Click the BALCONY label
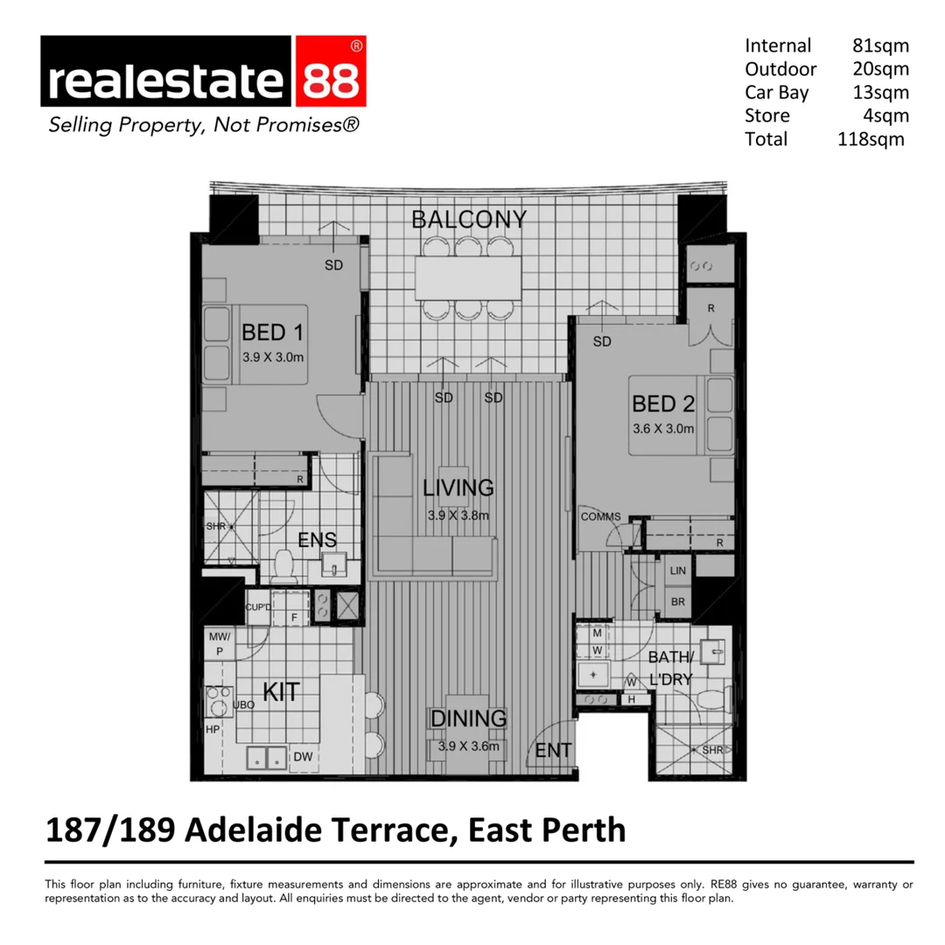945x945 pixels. (x=470, y=219)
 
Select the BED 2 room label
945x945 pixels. (x=663, y=403)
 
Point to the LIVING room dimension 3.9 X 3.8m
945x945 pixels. (x=458, y=514)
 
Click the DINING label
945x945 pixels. (x=468, y=718)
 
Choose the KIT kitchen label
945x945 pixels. (x=281, y=692)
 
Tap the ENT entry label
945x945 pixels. (x=553, y=750)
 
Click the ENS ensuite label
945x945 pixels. (x=318, y=540)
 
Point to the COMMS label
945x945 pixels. (x=600, y=516)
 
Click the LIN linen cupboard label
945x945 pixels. (x=678, y=570)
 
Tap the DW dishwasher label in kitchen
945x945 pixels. (x=303, y=757)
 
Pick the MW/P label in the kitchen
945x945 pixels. (x=219, y=644)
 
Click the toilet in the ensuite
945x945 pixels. (x=283, y=566)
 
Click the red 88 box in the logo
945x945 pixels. (x=330, y=80)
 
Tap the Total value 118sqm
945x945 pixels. (x=871, y=139)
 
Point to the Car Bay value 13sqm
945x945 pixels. (x=880, y=92)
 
